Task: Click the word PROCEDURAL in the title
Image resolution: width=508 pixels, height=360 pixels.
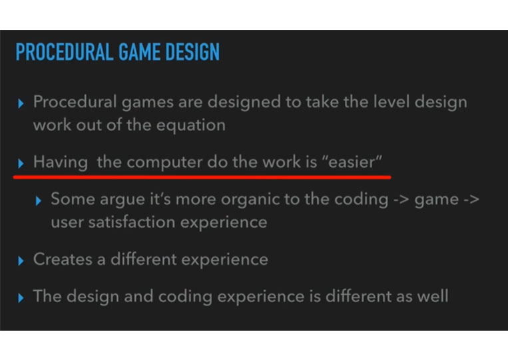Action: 65,52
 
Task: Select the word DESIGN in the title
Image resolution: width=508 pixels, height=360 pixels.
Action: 192,52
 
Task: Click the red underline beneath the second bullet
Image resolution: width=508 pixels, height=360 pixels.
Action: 202,177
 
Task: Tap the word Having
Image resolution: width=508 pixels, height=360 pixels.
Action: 61,162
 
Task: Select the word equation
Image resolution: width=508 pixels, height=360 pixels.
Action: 191,126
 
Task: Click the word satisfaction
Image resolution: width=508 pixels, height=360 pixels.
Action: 132,222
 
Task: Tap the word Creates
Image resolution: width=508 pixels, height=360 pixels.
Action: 63,260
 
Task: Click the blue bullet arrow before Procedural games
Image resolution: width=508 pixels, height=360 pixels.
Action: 21,104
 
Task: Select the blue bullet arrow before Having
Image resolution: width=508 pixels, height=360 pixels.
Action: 21,164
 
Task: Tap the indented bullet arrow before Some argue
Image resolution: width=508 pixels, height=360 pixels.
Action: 39,201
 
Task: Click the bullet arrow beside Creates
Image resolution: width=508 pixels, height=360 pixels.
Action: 21,261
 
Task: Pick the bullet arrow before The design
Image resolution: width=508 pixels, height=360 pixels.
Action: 21,298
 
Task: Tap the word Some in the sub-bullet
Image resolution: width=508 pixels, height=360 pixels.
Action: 73,199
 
